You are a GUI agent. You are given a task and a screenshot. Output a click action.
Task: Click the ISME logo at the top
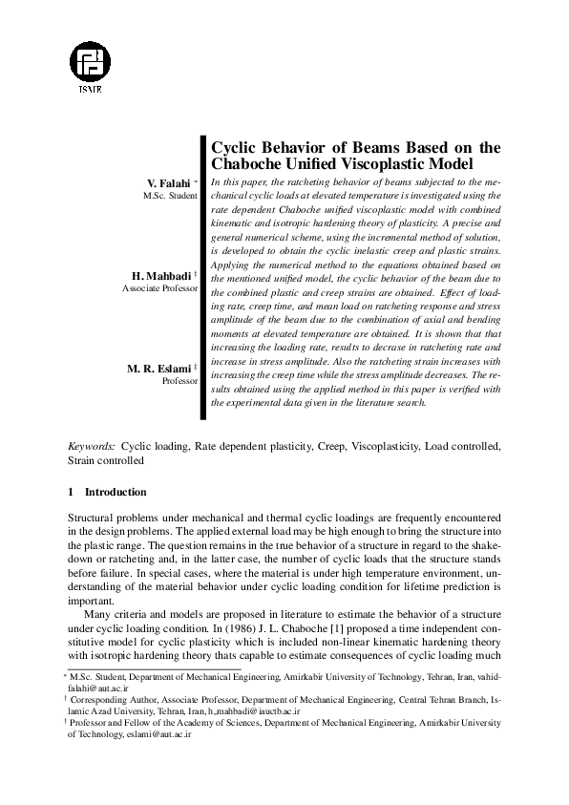(x=97, y=63)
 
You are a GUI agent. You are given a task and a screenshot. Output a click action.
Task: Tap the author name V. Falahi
(x=168, y=182)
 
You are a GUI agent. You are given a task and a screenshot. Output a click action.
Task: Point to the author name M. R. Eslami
(x=158, y=368)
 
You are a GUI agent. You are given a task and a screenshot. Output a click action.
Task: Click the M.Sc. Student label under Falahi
(x=170, y=195)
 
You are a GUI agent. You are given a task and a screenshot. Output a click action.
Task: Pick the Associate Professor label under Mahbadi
(x=160, y=287)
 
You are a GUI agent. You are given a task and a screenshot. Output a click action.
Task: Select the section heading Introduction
(x=116, y=493)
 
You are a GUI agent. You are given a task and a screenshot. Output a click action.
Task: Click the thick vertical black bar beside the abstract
(x=203, y=278)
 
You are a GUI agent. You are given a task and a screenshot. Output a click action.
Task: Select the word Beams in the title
(x=360, y=147)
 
